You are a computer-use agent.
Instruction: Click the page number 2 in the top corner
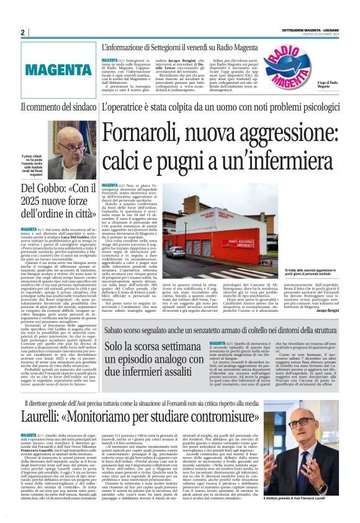(x=22, y=32)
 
